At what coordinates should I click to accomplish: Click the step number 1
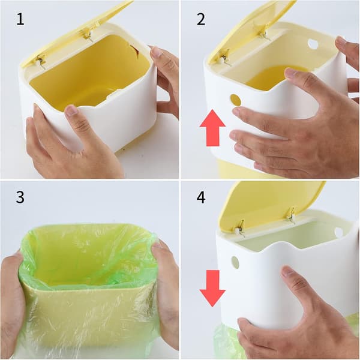coord(20,19)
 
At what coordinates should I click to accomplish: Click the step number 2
coord(201,19)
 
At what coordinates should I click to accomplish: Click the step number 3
coord(20,197)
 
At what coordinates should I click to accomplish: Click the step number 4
coord(201,197)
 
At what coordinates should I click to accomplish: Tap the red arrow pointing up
coord(212,128)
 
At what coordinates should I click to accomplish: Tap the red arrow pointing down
coord(212,289)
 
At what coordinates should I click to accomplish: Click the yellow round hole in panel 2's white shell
coord(235,100)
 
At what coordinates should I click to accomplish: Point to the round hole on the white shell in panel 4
coord(235,262)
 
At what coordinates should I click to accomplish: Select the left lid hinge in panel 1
coord(41,62)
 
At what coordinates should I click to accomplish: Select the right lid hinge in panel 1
coord(87,35)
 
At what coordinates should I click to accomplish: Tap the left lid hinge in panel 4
coord(241,228)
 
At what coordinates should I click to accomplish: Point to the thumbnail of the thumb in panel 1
coord(71,110)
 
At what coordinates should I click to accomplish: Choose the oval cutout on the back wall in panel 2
coord(313,43)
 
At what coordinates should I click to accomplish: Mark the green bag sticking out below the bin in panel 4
coord(226,342)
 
